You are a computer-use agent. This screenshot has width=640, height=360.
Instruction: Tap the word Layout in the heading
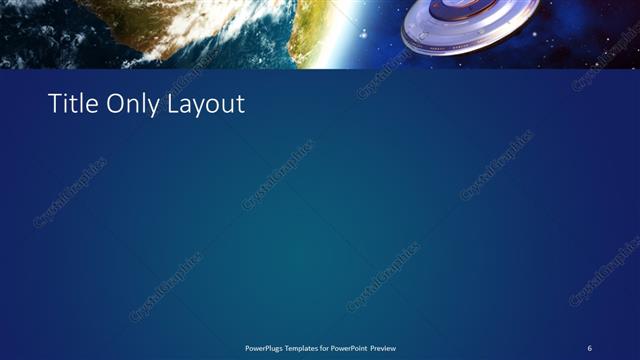(204, 104)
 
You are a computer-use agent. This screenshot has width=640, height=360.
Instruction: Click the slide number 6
(591, 347)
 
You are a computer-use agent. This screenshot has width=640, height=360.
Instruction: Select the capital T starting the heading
(54, 103)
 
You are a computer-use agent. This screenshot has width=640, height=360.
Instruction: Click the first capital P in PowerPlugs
(247, 347)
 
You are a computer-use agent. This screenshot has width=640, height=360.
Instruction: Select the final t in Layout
(240, 104)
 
